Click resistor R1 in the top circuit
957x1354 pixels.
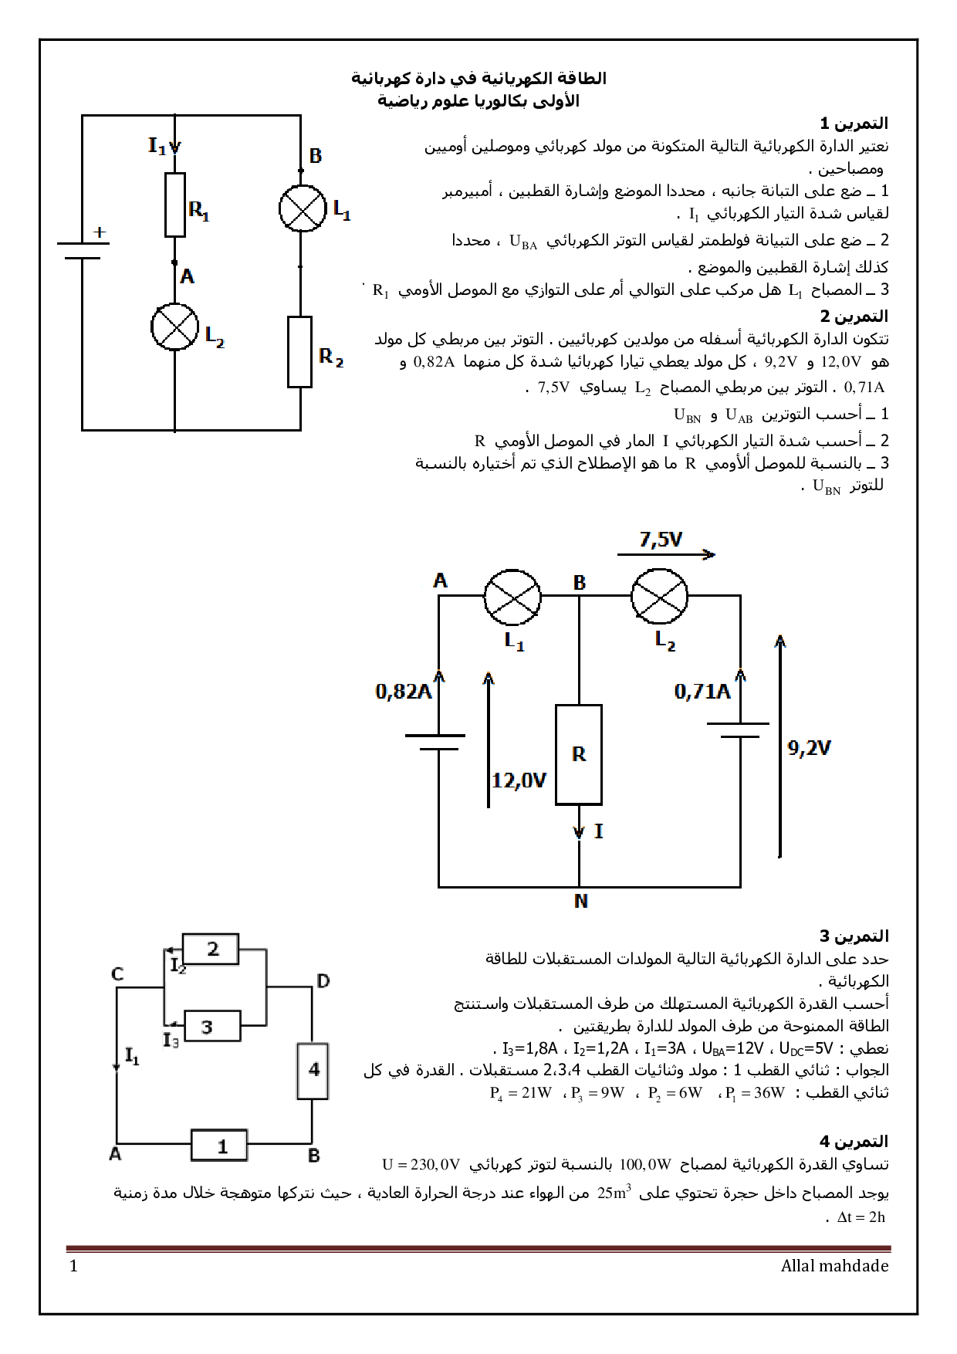click(x=175, y=205)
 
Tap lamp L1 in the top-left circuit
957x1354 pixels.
click(x=303, y=208)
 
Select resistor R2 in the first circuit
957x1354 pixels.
click(x=299, y=351)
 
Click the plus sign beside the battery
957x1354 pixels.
click(x=100, y=232)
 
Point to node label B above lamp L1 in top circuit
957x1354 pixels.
click(x=315, y=156)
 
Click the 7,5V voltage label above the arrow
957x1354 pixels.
click(x=661, y=540)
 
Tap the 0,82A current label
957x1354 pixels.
click(x=403, y=691)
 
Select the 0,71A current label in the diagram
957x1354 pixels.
click(x=702, y=691)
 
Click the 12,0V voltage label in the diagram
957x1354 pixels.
click(x=519, y=780)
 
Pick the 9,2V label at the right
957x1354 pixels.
click(x=809, y=747)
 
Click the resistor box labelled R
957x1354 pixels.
click(x=579, y=754)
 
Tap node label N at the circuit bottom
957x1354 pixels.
click(x=581, y=901)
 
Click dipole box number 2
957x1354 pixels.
click(x=211, y=949)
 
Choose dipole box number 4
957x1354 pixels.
click(x=313, y=1071)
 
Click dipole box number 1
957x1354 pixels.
click(x=220, y=1146)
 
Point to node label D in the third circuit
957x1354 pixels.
click(x=323, y=981)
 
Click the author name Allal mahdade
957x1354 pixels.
click(x=834, y=1266)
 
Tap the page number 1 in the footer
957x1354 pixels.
click(x=74, y=1266)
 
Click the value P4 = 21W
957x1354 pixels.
click(x=521, y=1093)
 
